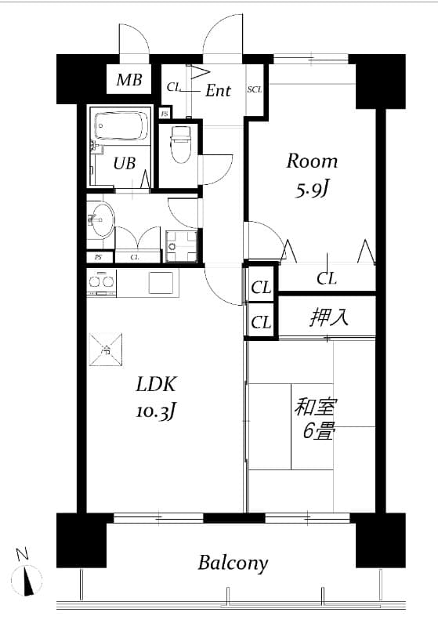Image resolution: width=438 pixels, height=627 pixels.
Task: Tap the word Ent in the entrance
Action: click(x=218, y=91)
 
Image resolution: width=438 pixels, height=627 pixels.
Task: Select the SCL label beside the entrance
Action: click(x=255, y=89)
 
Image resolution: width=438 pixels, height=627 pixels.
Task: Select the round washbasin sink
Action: click(x=101, y=219)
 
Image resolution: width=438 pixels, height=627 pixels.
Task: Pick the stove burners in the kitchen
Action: click(x=101, y=281)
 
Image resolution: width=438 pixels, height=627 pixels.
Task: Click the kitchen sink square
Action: click(x=162, y=281)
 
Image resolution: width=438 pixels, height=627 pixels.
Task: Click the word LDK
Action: click(x=157, y=385)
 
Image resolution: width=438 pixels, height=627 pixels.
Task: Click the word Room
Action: click(x=312, y=161)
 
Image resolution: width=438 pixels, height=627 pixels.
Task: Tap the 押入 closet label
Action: click(x=329, y=317)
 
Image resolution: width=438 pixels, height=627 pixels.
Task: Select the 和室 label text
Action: click(x=314, y=408)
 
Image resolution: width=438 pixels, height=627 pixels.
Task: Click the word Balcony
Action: click(x=233, y=563)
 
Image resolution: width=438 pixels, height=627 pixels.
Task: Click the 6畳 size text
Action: click(x=320, y=431)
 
